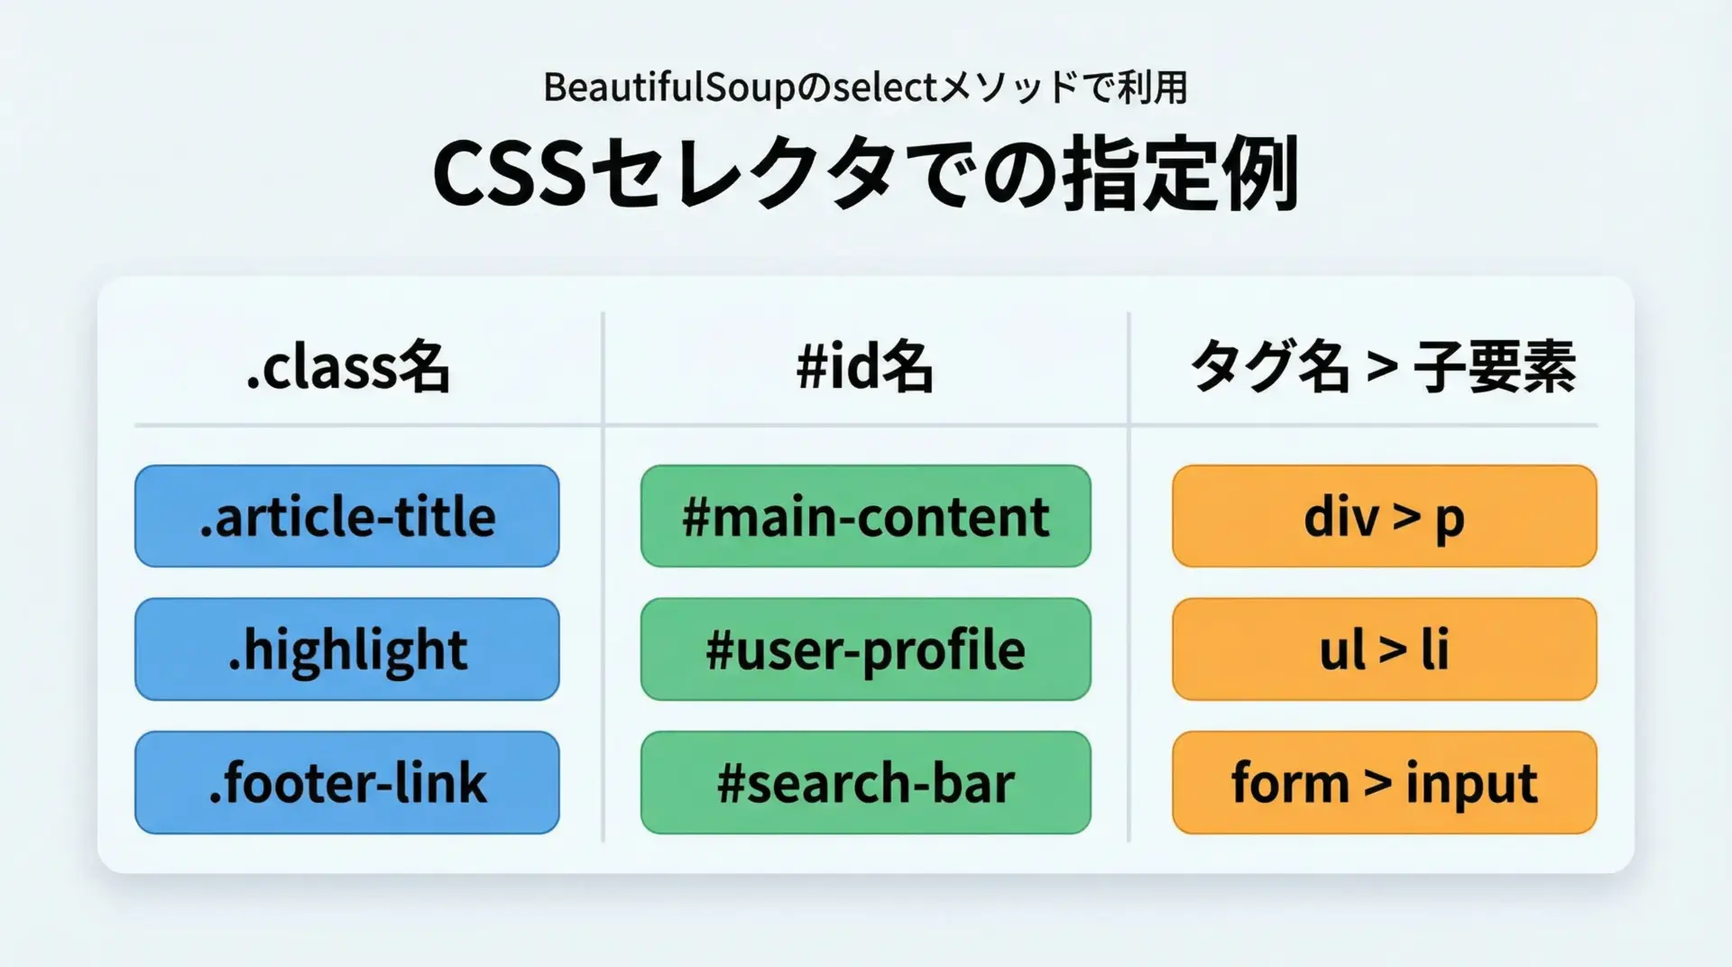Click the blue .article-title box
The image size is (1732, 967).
pyautogui.click(x=347, y=516)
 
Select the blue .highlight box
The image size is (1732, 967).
pyautogui.click(x=347, y=649)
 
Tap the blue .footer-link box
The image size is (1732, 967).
pyautogui.click(x=347, y=782)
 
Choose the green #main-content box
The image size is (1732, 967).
pyautogui.click(x=866, y=516)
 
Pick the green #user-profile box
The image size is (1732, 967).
pyautogui.click(x=866, y=649)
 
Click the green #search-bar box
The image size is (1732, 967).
pyautogui.click(x=866, y=782)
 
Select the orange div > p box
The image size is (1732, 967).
pyautogui.click(x=1385, y=516)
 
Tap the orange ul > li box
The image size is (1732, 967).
pyautogui.click(x=1385, y=649)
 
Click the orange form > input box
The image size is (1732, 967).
pyautogui.click(x=1385, y=782)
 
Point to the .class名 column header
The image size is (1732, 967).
pyautogui.click(x=348, y=367)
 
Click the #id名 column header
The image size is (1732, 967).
pyautogui.click(x=865, y=367)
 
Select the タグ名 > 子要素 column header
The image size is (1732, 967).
pyautogui.click(x=1384, y=367)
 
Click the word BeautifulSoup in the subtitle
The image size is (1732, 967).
pyautogui.click(x=671, y=88)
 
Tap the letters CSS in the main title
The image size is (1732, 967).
pyautogui.click(x=510, y=174)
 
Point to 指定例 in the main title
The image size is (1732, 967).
pyautogui.click(x=1182, y=173)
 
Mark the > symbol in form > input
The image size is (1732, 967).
pyautogui.click(x=1377, y=782)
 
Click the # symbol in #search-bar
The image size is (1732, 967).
pyautogui.click(x=732, y=782)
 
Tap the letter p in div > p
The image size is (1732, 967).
pyautogui.click(x=1449, y=521)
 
